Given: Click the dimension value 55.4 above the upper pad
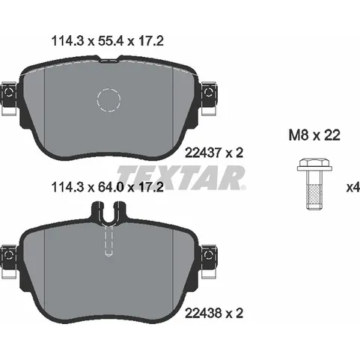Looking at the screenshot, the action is [x=111, y=41].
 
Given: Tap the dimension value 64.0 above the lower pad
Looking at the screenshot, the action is [x=111, y=187].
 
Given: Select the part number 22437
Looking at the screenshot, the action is [x=203, y=153].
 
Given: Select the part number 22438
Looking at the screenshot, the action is [x=203, y=313].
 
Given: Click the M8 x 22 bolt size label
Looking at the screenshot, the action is [x=314, y=135].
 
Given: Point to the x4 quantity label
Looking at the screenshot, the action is [x=353, y=187].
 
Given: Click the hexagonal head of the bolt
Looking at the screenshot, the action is [x=314, y=165].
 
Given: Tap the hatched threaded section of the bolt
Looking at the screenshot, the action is [x=314, y=194].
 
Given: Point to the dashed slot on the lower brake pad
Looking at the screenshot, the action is [x=109, y=240].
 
